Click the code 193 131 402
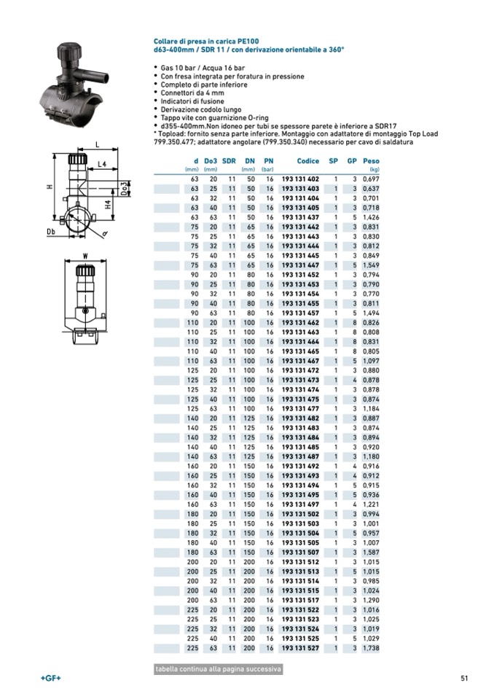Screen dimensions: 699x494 [x=300, y=179]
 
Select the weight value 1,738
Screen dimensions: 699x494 [x=371, y=647]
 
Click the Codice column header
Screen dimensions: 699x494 [x=308, y=160]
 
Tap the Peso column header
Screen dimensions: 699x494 [x=371, y=160]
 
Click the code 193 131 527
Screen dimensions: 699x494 [x=300, y=647]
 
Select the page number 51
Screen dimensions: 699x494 [x=463, y=679]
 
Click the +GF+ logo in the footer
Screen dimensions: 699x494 [x=51, y=679]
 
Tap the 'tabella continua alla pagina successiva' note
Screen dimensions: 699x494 [x=218, y=669]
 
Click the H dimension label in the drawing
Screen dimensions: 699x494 [x=50, y=187]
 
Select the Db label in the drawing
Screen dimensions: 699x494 [x=51, y=232]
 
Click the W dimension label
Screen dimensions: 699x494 [x=85, y=255]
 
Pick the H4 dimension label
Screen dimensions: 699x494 [x=108, y=205]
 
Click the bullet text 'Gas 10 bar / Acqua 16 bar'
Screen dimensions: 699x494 [x=199, y=68]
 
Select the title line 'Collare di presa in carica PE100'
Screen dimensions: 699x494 [x=206, y=42]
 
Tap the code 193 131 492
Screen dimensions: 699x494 [x=300, y=466]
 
